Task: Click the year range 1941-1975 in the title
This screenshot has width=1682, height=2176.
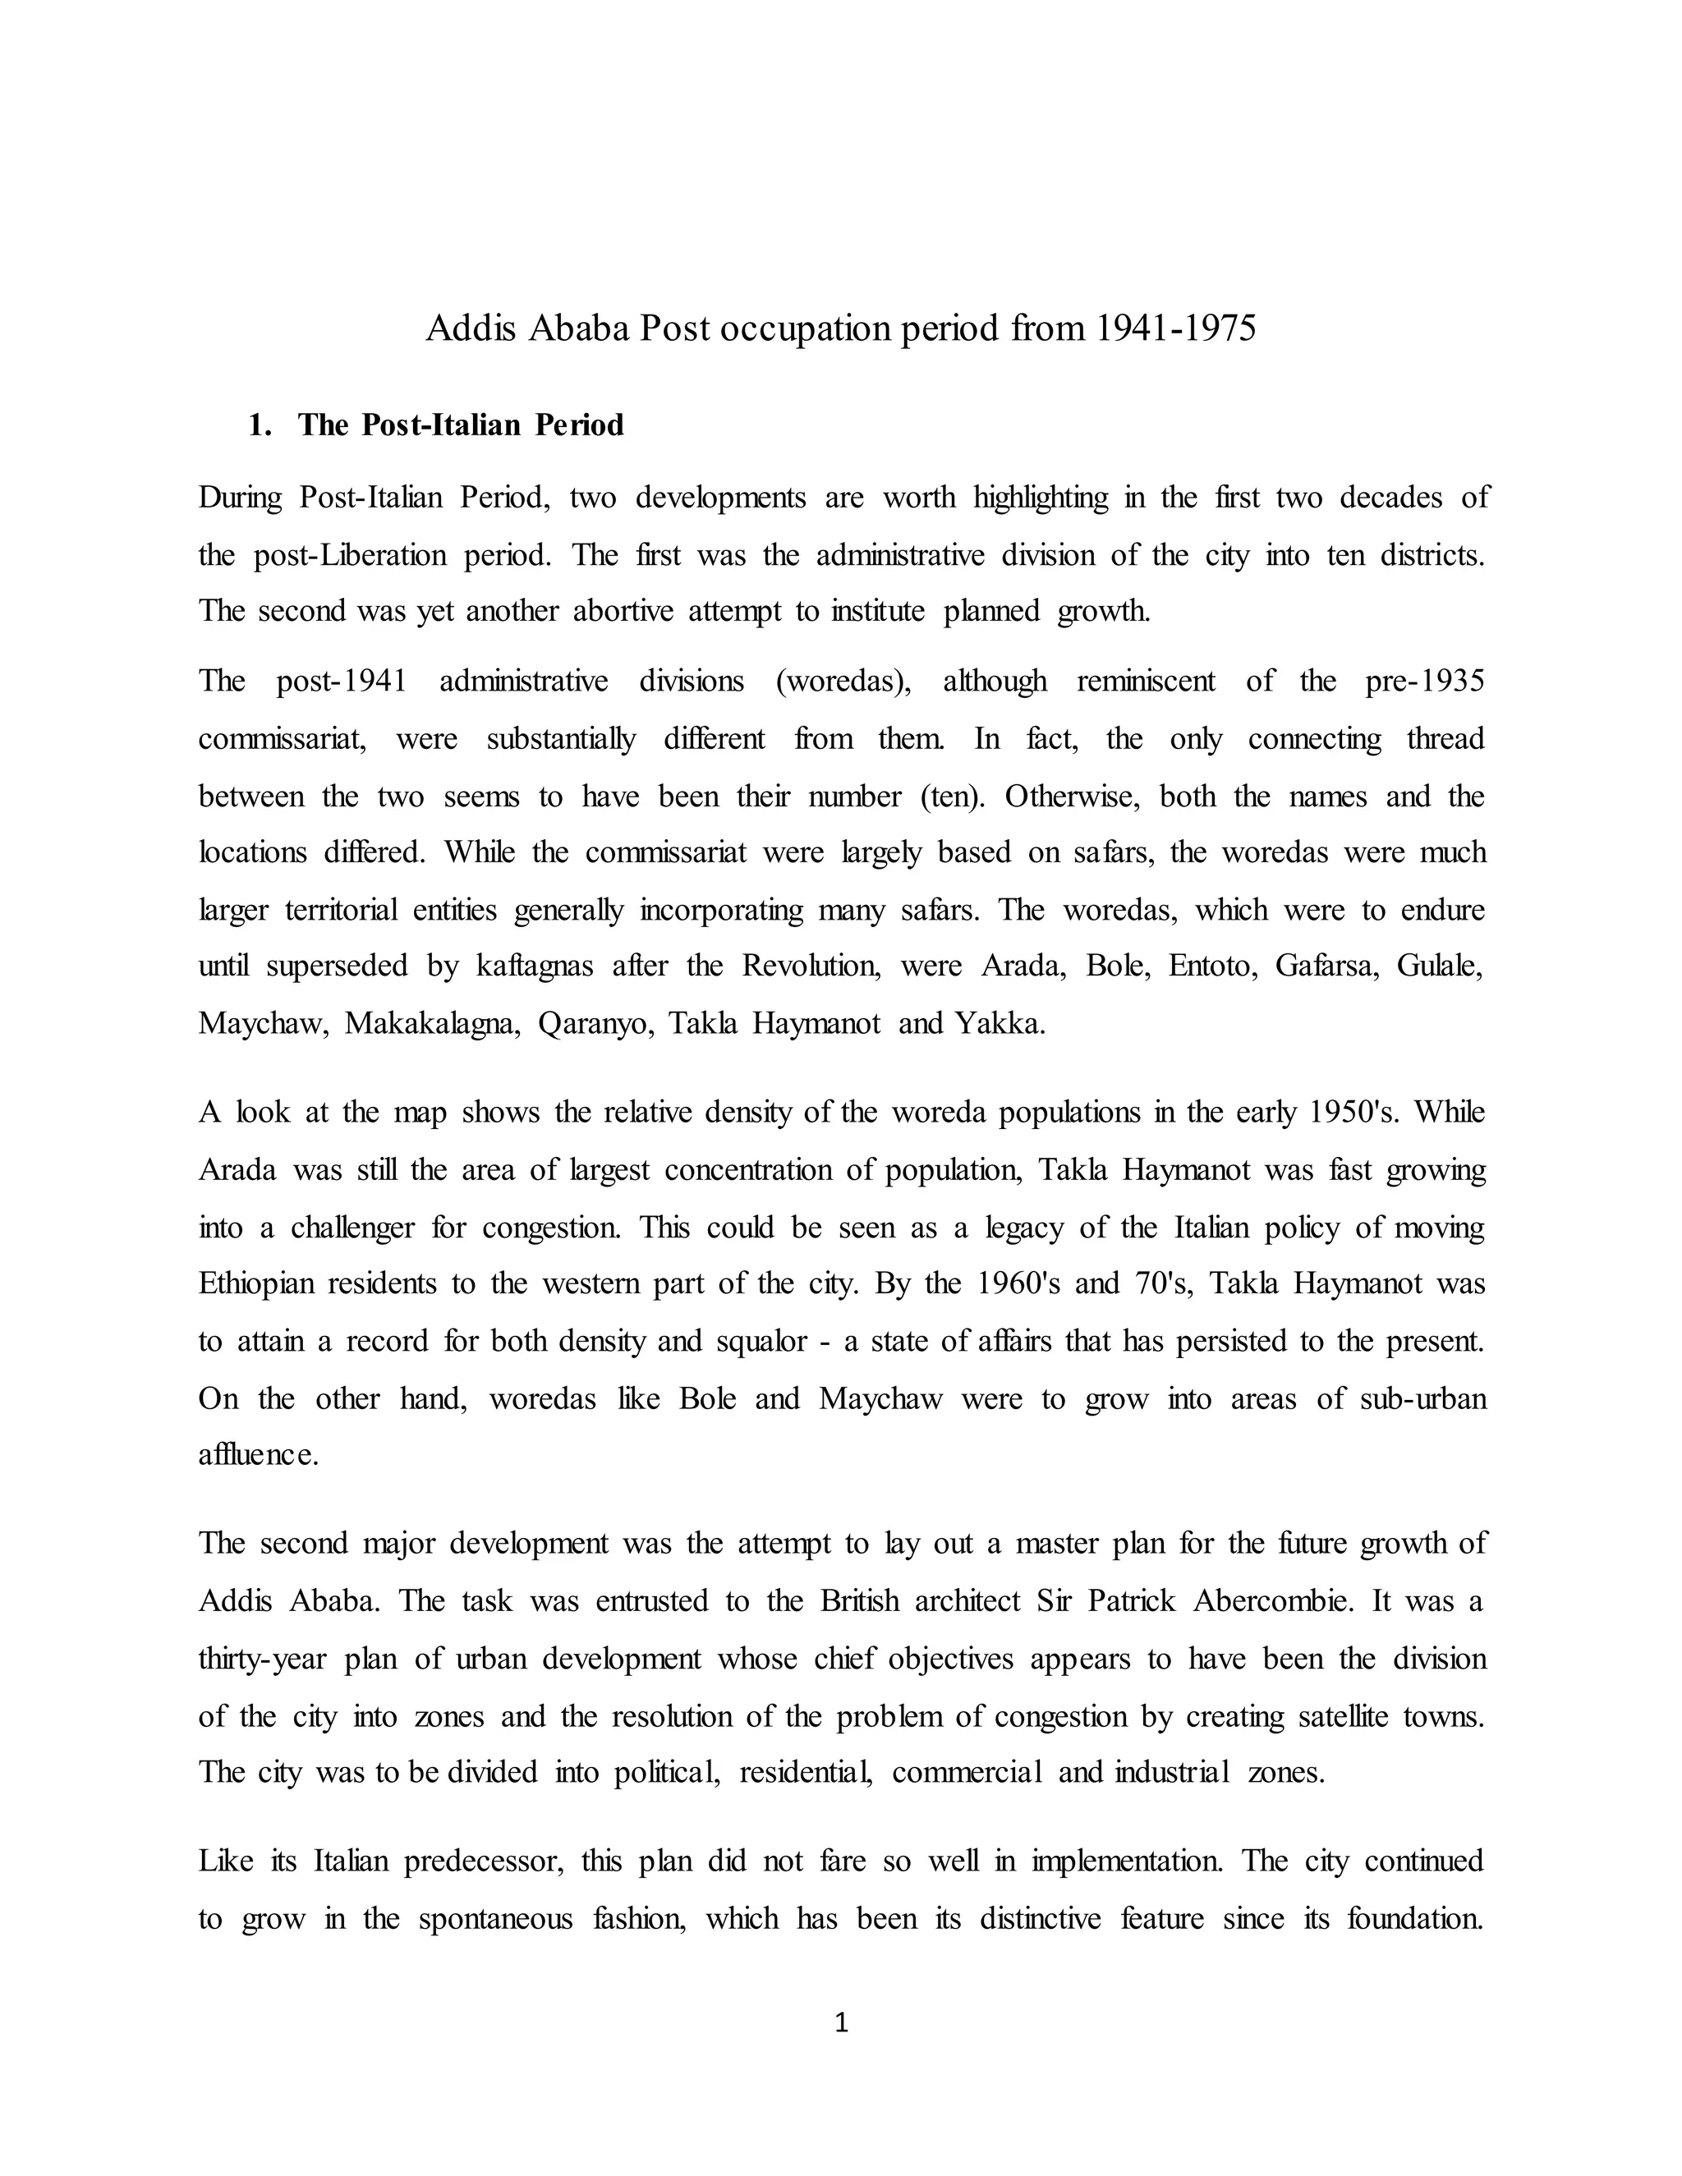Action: pyautogui.click(x=1176, y=328)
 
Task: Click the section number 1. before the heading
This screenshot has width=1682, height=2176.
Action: pyautogui.click(x=259, y=425)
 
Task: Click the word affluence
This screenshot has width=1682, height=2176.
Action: pyautogui.click(x=258, y=1456)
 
